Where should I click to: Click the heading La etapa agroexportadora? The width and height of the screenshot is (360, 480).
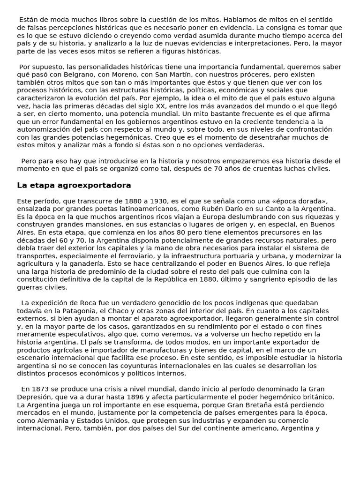click(74, 185)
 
